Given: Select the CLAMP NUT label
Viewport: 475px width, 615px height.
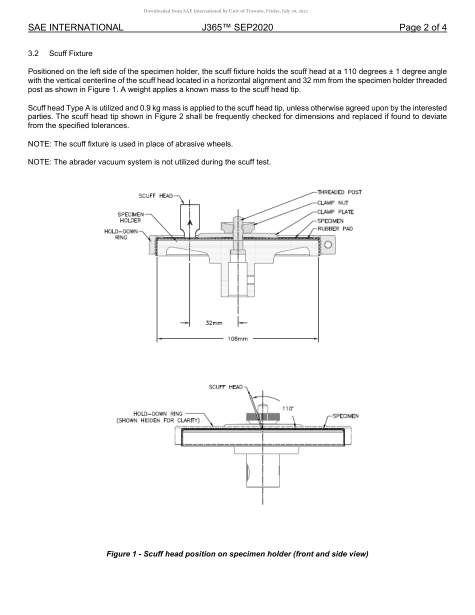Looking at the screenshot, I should (332, 203).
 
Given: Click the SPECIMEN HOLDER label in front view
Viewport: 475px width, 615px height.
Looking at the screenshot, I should (130, 217).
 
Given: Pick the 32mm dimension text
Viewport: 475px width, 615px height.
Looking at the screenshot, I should (214, 323).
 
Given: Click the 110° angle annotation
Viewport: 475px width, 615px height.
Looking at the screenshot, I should (287, 408).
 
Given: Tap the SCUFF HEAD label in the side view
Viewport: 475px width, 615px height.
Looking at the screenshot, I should (225, 387).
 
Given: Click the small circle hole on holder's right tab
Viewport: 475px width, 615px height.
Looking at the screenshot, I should (328, 244).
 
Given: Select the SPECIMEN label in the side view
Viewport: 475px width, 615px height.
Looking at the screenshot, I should (345, 416).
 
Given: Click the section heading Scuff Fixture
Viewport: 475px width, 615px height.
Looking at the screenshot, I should (70, 53).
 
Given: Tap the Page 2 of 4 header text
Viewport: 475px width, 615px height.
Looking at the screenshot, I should (422, 27).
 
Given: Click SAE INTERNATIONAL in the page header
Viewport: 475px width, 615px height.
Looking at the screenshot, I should (75, 27).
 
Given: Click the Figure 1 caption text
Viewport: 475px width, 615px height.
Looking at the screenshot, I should (237, 554).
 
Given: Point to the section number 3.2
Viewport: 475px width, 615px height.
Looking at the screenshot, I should (33, 53).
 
